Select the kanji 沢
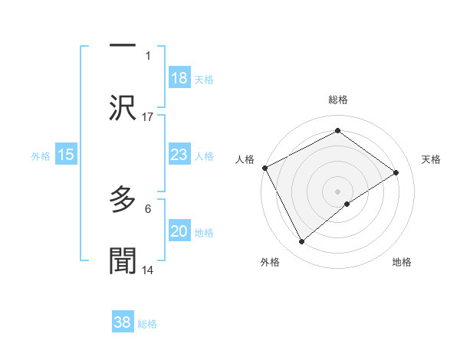point(123,109)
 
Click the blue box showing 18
point(179,78)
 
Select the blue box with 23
point(179,155)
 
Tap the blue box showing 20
point(179,231)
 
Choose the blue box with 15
point(66,155)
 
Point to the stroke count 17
point(148,117)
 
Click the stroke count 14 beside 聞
point(148,270)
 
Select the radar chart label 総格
point(337,100)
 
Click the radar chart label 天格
point(431,159)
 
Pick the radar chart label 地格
point(402,262)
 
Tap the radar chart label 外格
point(270,262)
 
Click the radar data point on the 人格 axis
point(264,168)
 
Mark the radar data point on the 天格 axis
point(396,172)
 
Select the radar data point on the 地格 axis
point(348,204)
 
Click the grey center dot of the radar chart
point(337,191)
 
